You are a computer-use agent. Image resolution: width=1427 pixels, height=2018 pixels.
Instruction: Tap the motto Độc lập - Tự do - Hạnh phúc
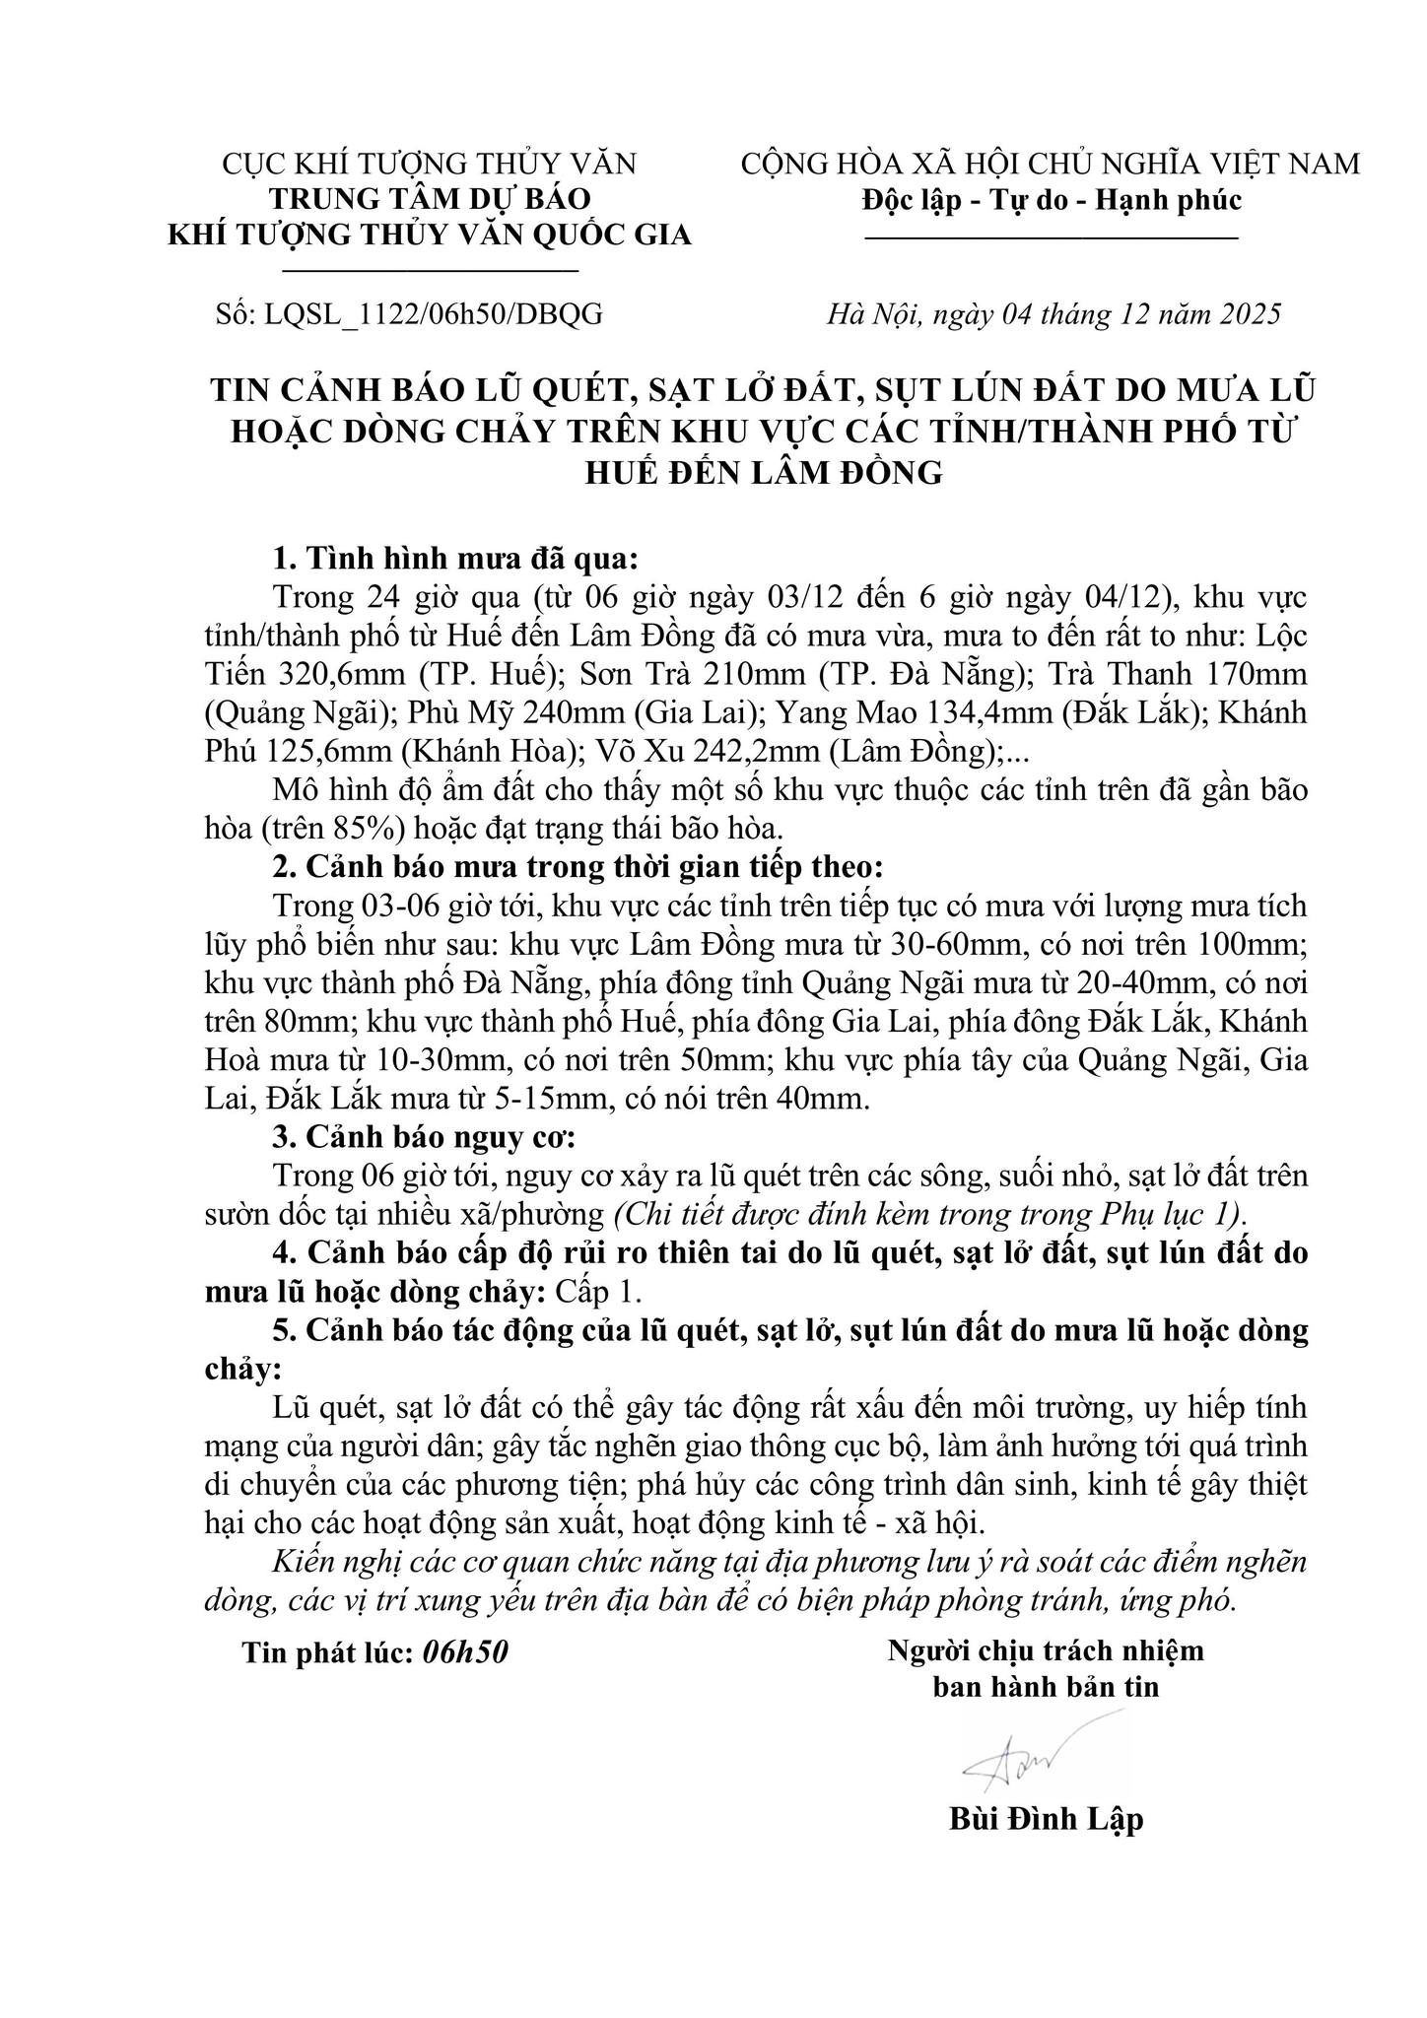1051,200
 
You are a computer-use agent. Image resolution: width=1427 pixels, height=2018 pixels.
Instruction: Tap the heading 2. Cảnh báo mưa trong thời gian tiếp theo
578,867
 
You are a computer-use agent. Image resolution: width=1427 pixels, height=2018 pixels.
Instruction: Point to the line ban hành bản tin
1046,1687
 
